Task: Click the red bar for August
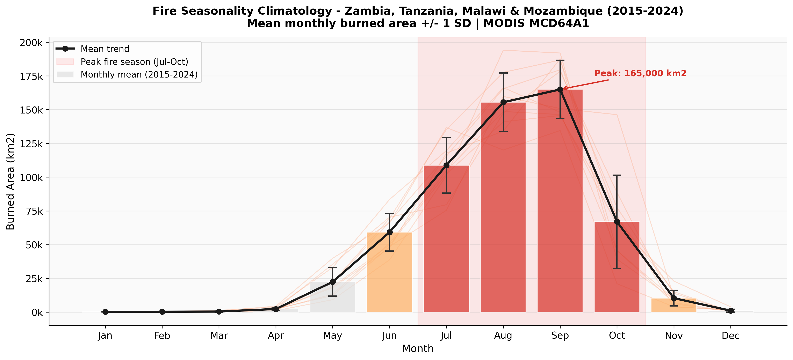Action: [503, 209]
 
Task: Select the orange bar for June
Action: [389, 274]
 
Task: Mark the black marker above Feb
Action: [162, 312]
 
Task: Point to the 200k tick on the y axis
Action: [31, 43]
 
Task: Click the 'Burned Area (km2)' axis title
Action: [10, 182]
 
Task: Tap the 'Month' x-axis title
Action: [418, 349]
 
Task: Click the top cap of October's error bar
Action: [617, 175]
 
